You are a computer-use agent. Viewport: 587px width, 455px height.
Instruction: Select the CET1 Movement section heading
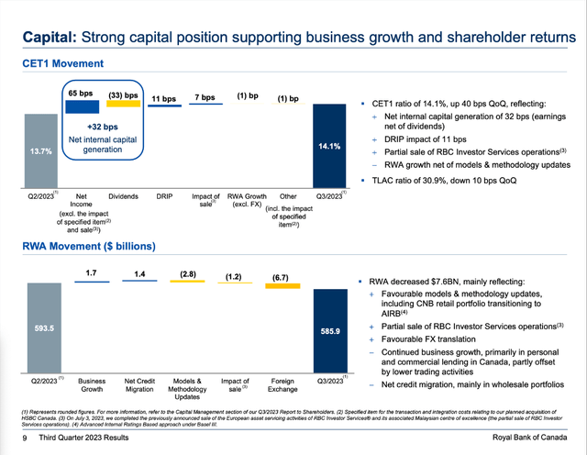tap(63, 63)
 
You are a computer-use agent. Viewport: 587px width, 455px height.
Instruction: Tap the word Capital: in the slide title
tap(53, 38)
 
